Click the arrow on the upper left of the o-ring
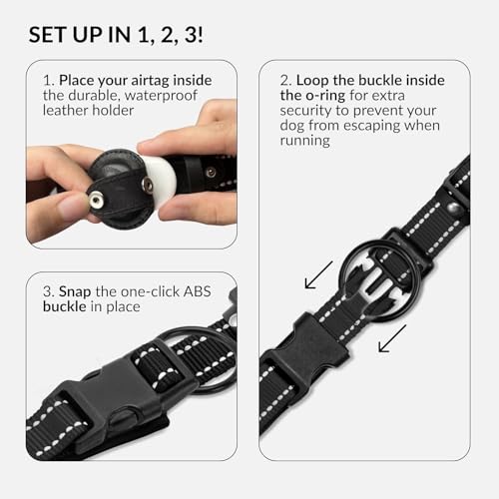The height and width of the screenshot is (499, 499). click(319, 274)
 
